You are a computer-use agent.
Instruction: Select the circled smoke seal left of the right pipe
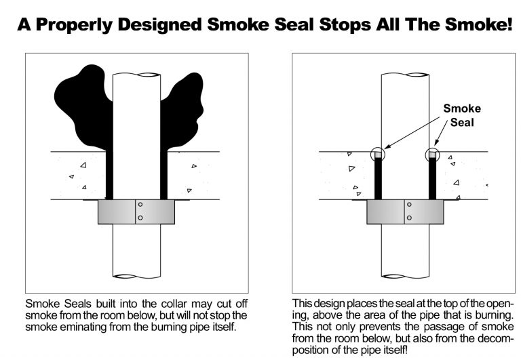[378, 156]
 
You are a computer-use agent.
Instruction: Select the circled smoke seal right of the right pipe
[431, 156]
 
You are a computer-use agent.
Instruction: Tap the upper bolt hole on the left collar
[140, 205]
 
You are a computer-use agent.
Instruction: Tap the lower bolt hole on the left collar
[140, 217]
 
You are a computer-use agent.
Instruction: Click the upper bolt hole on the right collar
[408, 205]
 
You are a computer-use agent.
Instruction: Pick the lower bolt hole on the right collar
[408, 217]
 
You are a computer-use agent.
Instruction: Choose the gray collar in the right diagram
[387, 212]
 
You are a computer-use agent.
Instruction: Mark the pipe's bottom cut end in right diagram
[405, 275]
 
